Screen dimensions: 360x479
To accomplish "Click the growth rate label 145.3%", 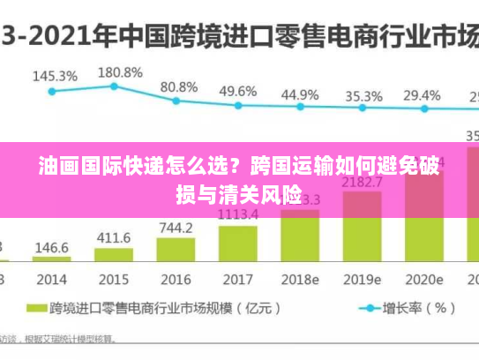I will pyautogui.click(x=55, y=77).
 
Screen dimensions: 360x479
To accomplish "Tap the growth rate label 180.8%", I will pyautogui.click(x=119, y=71).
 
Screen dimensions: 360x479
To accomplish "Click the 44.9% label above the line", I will pyautogui.click(x=301, y=94).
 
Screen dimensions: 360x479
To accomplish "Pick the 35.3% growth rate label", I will pyautogui.click(x=363, y=95).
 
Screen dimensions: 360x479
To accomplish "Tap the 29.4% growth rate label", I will pyautogui.click(x=422, y=94).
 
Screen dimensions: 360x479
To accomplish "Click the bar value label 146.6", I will pyautogui.click(x=52, y=249).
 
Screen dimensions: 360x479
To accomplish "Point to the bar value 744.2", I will pyautogui.click(x=176, y=228).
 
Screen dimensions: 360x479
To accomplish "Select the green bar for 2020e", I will pyautogui.click(x=423, y=238).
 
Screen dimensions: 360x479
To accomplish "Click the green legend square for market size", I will pyautogui.click(x=36, y=309).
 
